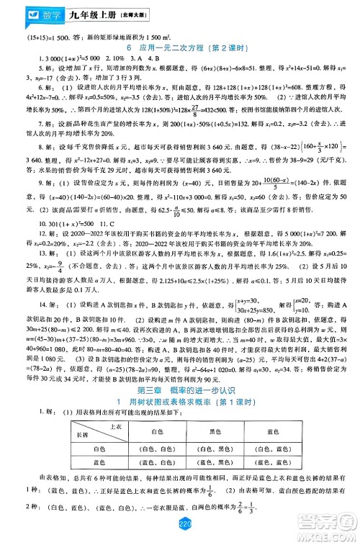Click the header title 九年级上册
click(x=73, y=12)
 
